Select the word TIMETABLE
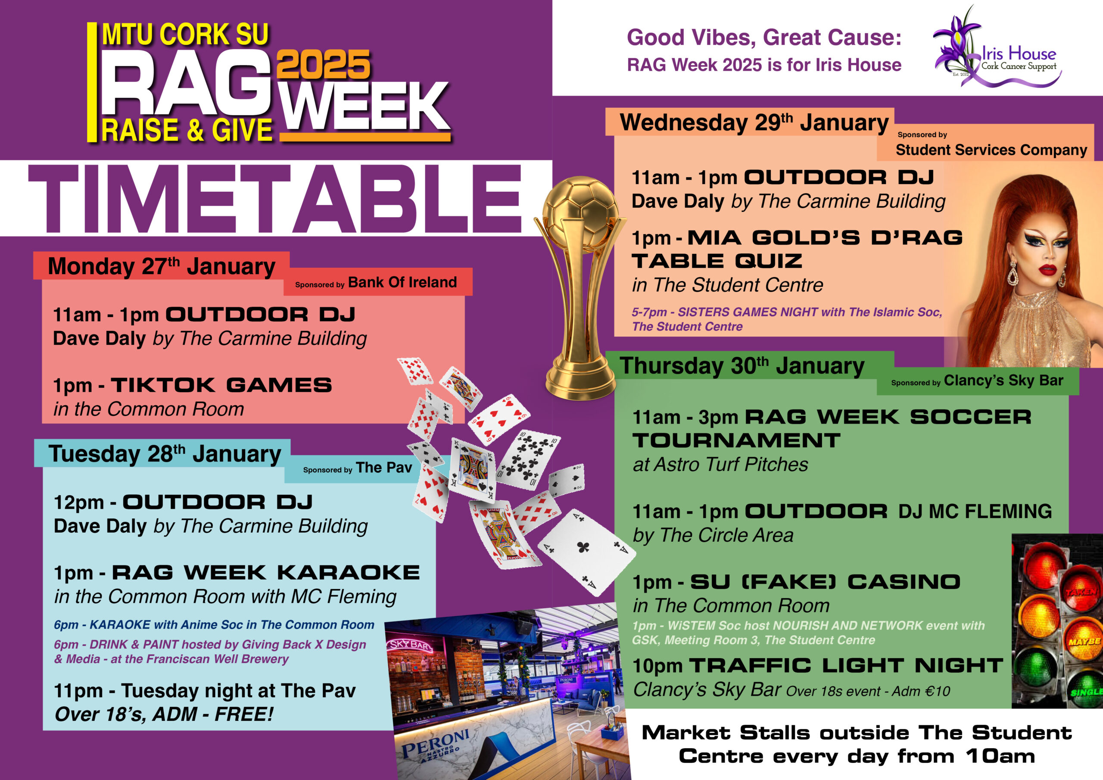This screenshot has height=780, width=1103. pyautogui.click(x=275, y=199)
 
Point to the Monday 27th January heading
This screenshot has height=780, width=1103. pyautogui.click(x=162, y=267)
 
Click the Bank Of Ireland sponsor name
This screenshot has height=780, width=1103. pyautogui.click(x=402, y=282)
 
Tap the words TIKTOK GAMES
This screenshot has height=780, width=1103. pyautogui.click(x=221, y=385)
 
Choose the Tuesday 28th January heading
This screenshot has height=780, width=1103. pyautogui.click(x=165, y=454)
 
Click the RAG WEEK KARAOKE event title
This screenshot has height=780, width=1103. pyautogui.click(x=266, y=572)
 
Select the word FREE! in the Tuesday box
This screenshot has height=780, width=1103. pyautogui.click(x=244, y=714)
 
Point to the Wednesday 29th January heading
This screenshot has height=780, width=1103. pyautogui.click(x=754, y=122)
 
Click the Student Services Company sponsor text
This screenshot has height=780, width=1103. pyautogui.click(x=991, y=150)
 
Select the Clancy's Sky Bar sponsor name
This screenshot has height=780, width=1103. pyautogui.click(x=1003, y=381)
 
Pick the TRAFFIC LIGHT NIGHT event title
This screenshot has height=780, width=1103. pyautogui.click(x=845, y=666)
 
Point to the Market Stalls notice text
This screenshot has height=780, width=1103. pyautogui.click(x=857, y=744)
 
